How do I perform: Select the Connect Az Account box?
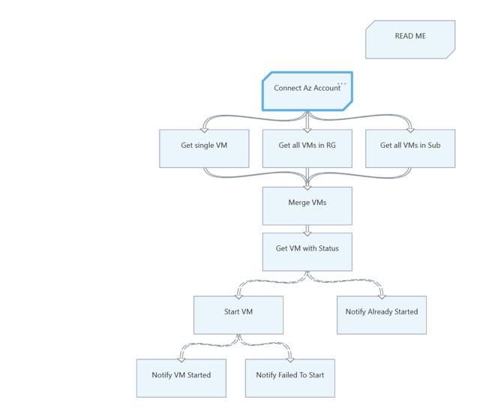(307, 91)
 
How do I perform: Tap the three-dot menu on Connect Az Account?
(342, 83)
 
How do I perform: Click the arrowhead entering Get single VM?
(204, 128)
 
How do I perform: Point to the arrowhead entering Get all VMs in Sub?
(410, 128)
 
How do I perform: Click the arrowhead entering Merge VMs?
(307, 185)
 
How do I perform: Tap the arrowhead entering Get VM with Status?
(307, 231)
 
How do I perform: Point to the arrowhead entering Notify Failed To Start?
(290, 358)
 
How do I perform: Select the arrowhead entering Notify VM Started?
(181, 358)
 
